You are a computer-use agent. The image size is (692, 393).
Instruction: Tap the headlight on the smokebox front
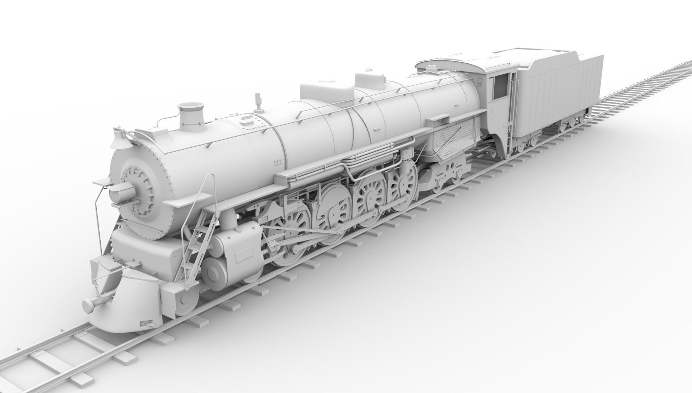pos(121,192)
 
